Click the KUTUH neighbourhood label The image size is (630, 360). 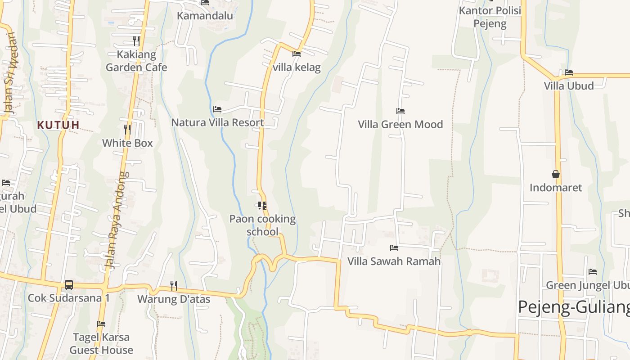pos(58,125)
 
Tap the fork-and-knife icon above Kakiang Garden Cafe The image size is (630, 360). pos(136,41)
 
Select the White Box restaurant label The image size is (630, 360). pos(127,143)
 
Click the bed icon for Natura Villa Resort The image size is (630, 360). pos(217,109)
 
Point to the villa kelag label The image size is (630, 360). pos(297,67)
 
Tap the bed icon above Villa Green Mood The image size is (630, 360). pos(400,111)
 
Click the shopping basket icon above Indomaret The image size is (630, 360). pos(556,174)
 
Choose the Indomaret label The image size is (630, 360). pos(556,188)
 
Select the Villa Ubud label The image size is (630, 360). pos(569,85)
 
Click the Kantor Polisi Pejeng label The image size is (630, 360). pos(490,17)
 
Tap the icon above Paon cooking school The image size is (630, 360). pos(262,206)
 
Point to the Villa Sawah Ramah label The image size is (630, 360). pos(394,261)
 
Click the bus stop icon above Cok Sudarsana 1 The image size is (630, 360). pos(69,284)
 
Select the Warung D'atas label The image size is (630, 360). pos(174,299)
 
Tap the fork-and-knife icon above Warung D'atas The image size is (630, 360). pos(174,285)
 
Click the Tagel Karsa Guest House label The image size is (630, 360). pos(101,343)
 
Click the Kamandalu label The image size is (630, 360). pos(205,16)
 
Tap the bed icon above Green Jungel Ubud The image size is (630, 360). pos(593,272)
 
